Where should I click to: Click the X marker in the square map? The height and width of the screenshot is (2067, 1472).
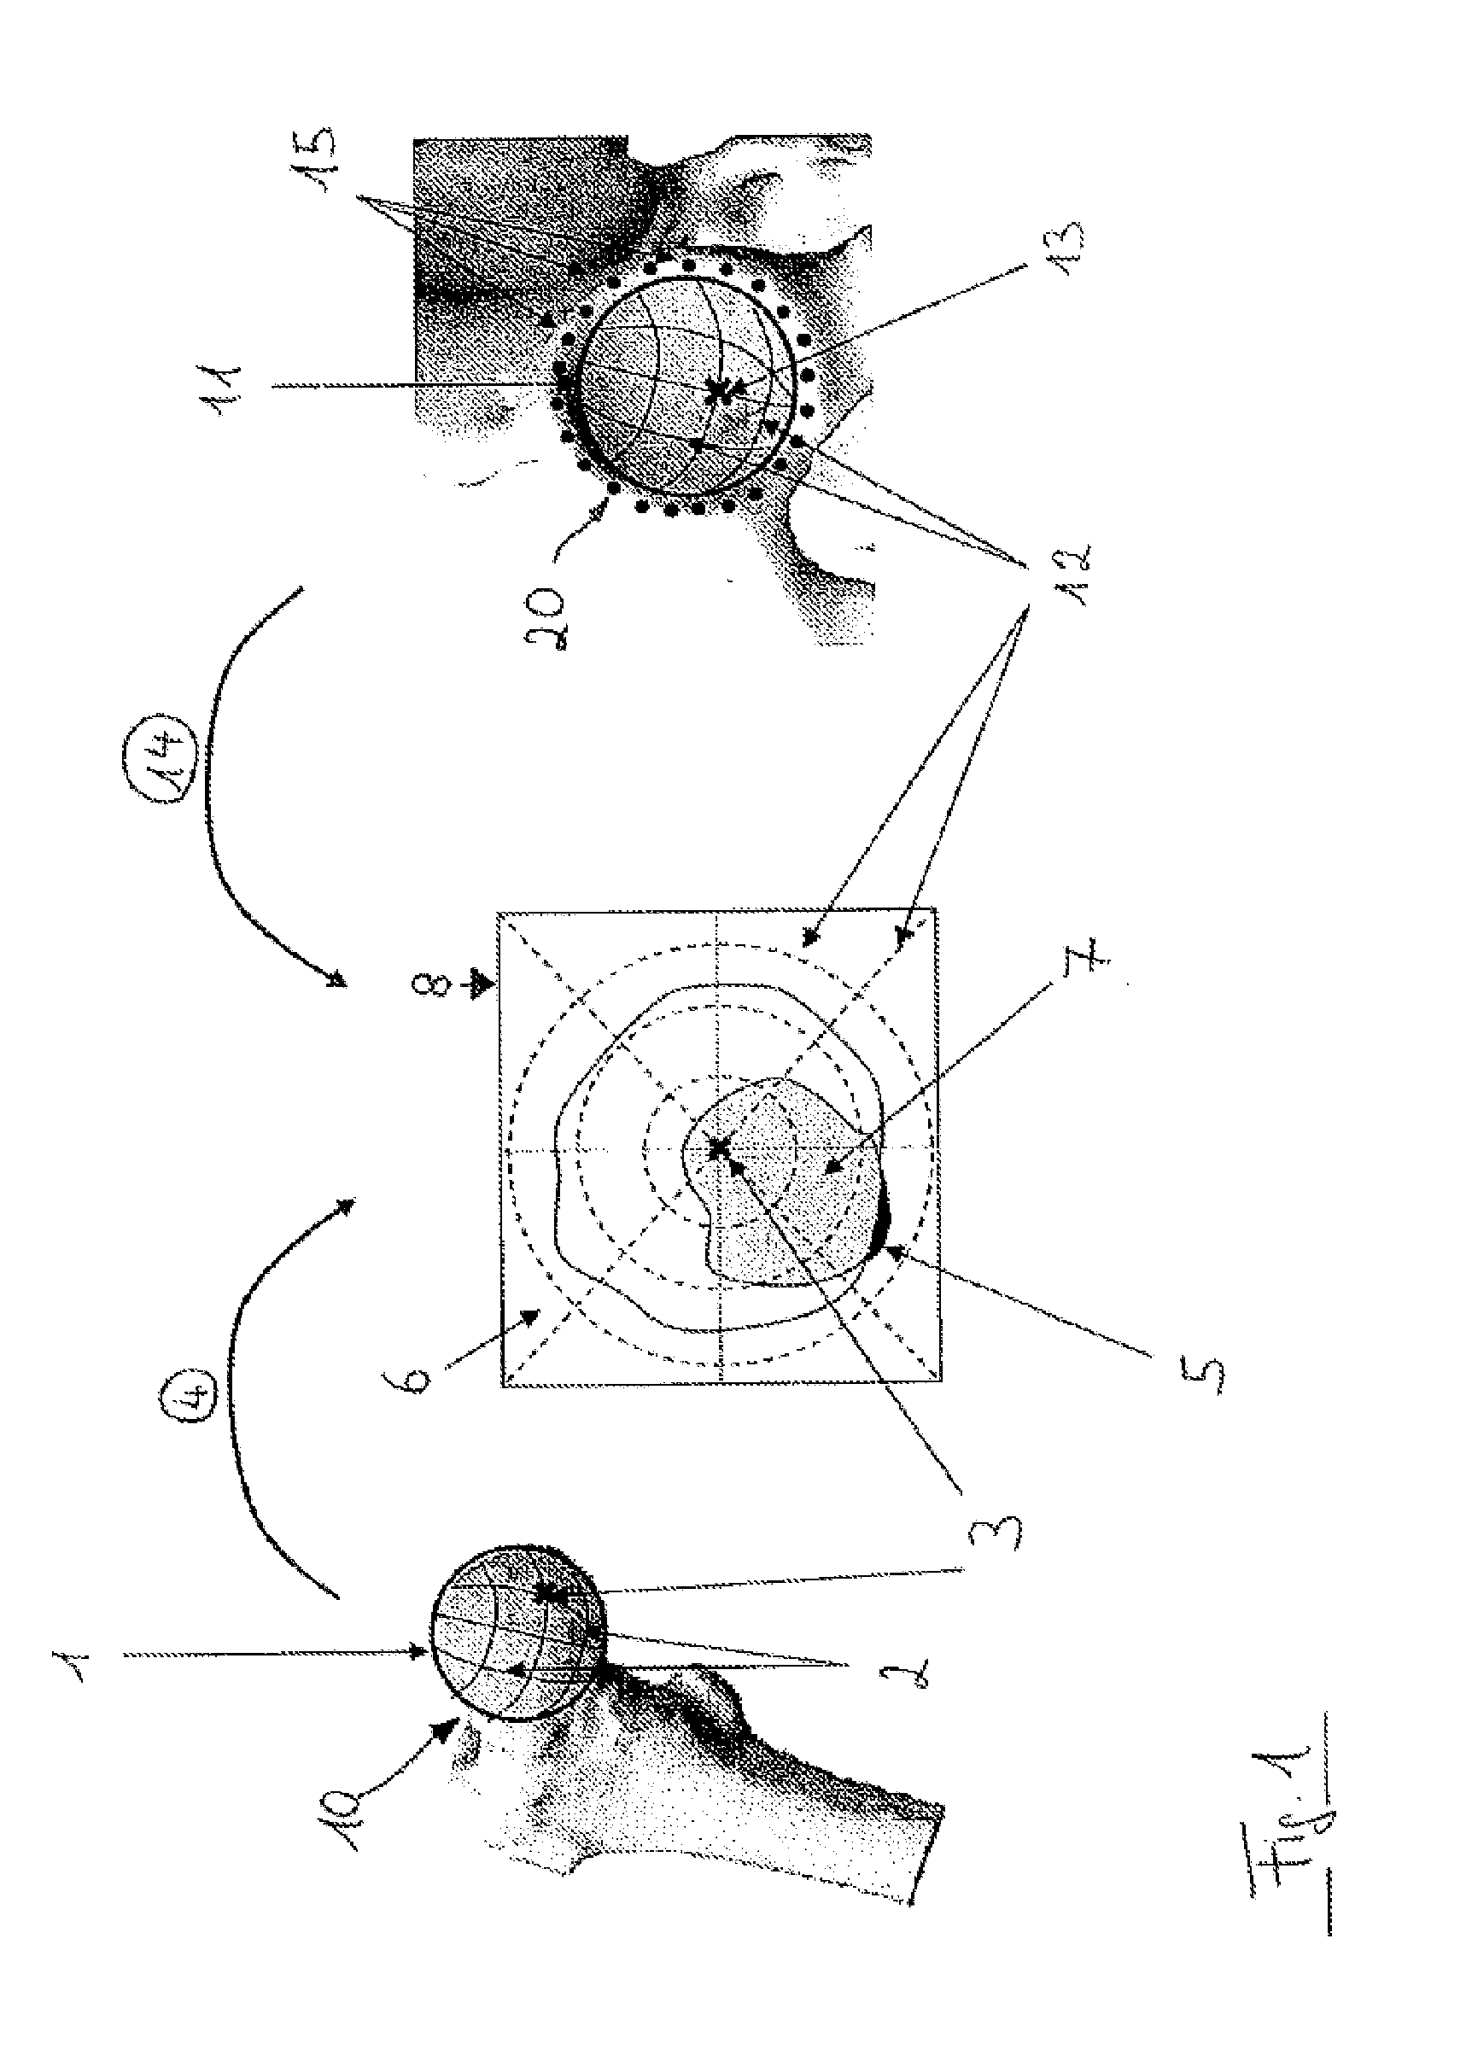pos(718,1149)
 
